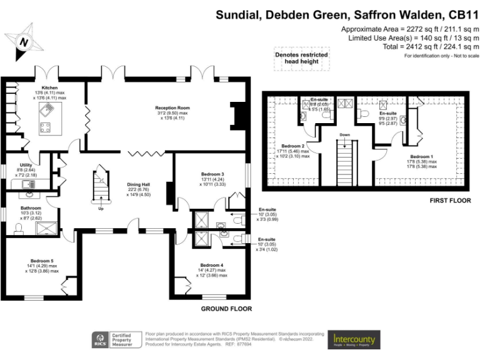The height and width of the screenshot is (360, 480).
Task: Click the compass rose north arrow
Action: pos(23,42)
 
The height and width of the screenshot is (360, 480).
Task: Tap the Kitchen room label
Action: pos(49,87)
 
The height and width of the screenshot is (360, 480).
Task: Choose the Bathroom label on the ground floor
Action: pos(31,207)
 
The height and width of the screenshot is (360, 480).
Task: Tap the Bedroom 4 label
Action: pos(211,265)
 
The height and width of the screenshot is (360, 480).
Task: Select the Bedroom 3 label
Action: pos(212,173)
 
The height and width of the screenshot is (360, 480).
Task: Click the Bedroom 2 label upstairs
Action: pos(293,145)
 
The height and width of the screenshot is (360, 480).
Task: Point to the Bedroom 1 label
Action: pos(422,156)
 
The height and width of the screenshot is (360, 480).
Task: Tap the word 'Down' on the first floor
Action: pos(345,134)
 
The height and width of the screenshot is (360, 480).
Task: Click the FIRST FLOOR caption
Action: pos(450,201)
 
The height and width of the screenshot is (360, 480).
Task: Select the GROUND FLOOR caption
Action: pos(226,309)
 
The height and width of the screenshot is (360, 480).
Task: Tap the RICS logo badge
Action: pos(100,340)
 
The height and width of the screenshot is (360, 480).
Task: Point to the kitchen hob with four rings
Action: pos(46,128)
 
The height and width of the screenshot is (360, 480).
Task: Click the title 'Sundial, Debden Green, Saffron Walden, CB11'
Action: pos(347,14)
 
